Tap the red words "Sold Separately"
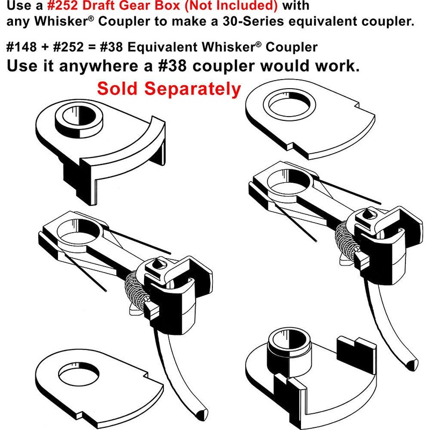coord(169,89)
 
